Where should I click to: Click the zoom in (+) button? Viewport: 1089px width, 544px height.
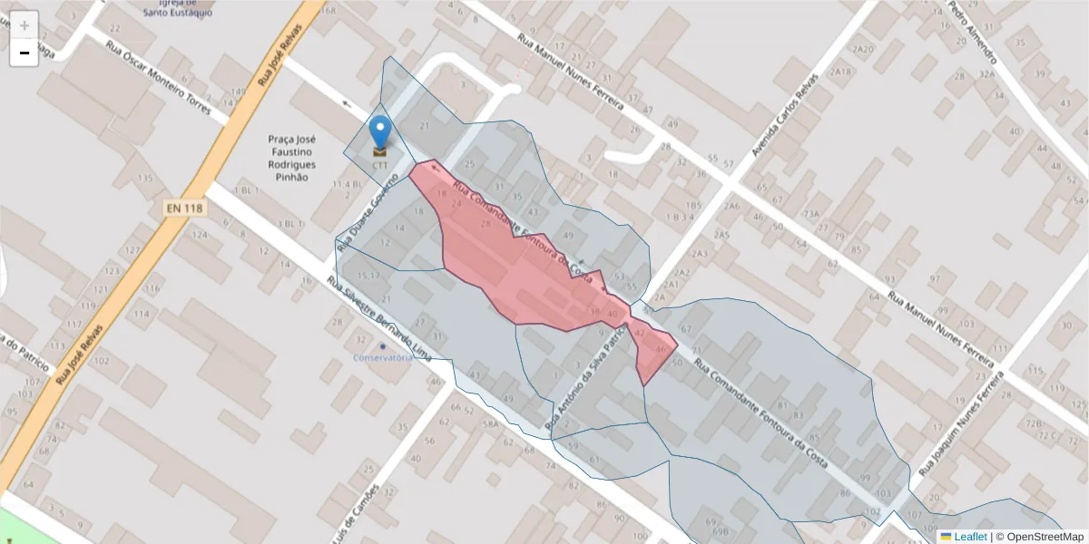[25, 25]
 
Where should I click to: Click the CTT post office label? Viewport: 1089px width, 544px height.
[379, 166]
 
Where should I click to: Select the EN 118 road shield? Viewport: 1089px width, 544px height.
[185, 209]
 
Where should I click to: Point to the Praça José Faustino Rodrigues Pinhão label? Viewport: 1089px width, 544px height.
[291, 158]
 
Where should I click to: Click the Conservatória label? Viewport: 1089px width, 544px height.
[383, 357]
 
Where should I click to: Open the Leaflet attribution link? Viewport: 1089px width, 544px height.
[969, 537]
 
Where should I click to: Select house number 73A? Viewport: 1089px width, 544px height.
[810, 214]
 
